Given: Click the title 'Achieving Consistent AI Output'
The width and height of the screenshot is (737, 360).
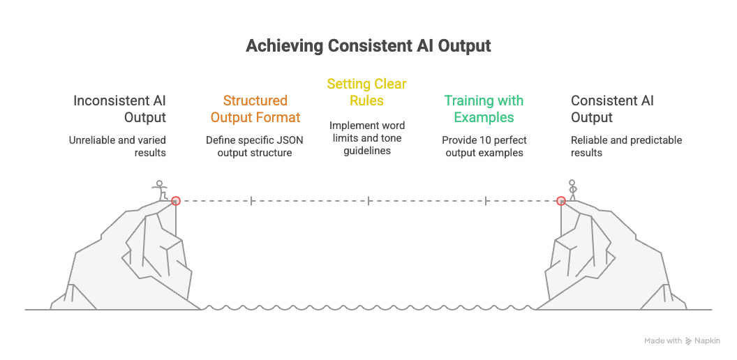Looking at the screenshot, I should click(368, 46).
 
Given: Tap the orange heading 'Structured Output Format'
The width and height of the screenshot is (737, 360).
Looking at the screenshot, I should click(255, 109).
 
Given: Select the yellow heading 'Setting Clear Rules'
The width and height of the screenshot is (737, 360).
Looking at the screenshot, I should click(367, 92).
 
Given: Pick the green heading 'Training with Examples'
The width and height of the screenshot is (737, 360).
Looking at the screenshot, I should click(484, 109).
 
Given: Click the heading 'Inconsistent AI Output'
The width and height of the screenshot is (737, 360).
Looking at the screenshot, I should click(120, 109).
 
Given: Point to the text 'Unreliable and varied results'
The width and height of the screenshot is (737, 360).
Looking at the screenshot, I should click(117, 146).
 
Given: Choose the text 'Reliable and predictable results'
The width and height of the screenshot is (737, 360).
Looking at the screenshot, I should click(626, 146).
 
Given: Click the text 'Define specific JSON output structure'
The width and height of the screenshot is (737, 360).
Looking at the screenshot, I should click(255, 146).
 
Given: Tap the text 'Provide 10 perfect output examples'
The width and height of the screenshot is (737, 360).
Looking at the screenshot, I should click(484, 146).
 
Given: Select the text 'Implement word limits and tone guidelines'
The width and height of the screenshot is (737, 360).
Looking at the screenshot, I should click(367, 138).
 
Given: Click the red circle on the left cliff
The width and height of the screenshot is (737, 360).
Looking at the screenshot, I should click(176, 201).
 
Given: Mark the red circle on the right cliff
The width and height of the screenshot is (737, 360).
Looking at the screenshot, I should click(560, 201).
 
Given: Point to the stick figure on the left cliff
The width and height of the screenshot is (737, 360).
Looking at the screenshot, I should click(161, 190).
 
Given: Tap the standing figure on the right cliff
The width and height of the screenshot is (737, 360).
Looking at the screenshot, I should click(572, 190).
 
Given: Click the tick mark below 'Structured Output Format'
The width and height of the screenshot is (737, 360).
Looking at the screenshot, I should click(251, 201).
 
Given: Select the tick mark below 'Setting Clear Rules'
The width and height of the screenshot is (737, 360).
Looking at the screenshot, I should click(368, 201).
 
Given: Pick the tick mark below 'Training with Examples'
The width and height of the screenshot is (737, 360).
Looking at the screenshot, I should click(486, 201).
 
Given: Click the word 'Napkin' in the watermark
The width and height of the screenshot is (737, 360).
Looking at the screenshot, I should click(707, 341).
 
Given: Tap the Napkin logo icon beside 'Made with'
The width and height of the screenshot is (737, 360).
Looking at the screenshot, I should click(688, 341).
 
